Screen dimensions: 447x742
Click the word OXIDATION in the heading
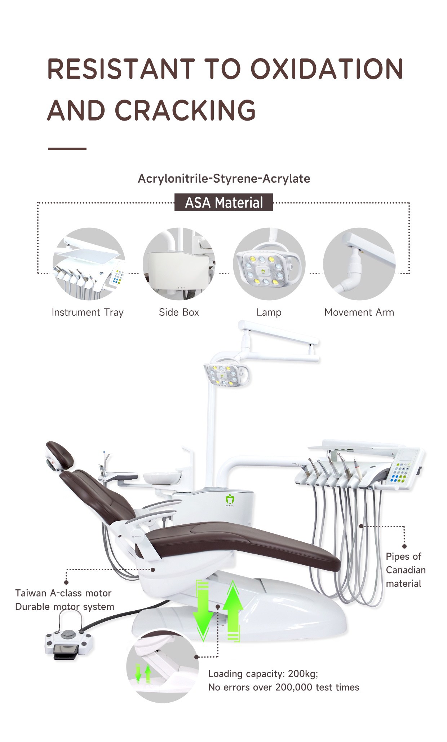pos(327,69)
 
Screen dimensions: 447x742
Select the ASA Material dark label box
pos(223,202)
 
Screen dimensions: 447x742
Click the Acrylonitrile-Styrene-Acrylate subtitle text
pos(224,178)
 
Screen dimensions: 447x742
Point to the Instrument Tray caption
pos(88,312)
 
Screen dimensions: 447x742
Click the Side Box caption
pos(179,312)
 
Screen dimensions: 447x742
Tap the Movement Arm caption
pos(359,312)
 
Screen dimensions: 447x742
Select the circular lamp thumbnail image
pos(269,264)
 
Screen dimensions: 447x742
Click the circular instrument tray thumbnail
pos(89,264)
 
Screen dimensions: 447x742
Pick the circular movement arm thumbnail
pos(359,264)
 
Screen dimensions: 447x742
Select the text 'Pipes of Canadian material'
pos(406,570)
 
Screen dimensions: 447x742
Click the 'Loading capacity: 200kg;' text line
pos(263,673)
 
